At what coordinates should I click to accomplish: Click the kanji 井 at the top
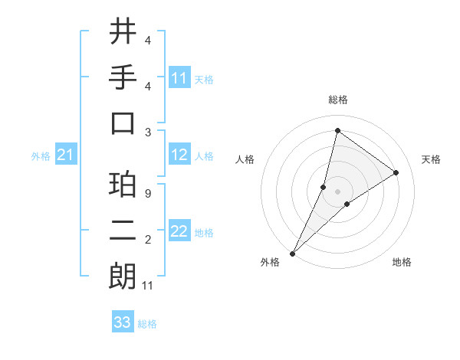click(x=123, y=31)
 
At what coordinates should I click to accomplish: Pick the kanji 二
click(x=123, y=233)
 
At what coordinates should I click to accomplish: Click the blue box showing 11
click(x=179, y=78)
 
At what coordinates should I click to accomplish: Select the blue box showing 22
click(x=179, y=232)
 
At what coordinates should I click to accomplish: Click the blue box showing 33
click(x=123, y=322)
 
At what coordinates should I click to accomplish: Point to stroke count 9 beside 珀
click(x=147, y=194)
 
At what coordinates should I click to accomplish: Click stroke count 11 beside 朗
click(x=148, y=286)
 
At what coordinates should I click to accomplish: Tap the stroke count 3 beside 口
click(x=147, y=131)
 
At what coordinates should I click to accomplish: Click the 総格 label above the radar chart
click(x=337, y=100)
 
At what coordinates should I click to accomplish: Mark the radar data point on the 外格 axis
click(x=292, y=253)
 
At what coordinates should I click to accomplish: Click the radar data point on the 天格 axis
click(x=396, y=172)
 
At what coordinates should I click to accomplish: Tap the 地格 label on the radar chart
click(x=402, y=262)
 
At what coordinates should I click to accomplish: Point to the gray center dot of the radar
click(x=337, y=191)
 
